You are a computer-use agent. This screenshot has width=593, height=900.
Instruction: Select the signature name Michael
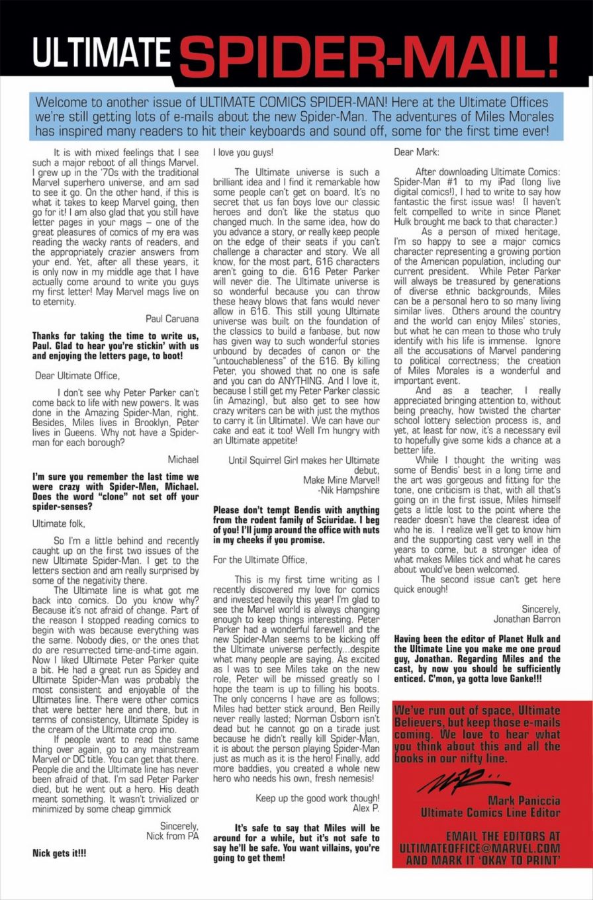click(x=183, y=459)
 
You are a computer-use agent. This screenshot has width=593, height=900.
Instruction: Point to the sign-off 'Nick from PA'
click(x=172, y=836)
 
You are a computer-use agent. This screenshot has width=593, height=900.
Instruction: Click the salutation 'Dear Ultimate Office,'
click(x=77, y=376)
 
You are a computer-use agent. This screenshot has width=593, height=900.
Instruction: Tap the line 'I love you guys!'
click(x=243, y=153)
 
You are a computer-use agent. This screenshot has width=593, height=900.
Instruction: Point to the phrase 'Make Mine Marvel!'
click(x=341, y=480)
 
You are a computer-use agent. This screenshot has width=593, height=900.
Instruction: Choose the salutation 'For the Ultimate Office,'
click(x=260, y=560)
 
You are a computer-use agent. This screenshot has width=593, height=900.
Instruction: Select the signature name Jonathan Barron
click(x=527, y=619)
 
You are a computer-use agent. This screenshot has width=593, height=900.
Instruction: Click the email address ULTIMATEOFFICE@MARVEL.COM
click(x=480, y=848)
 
